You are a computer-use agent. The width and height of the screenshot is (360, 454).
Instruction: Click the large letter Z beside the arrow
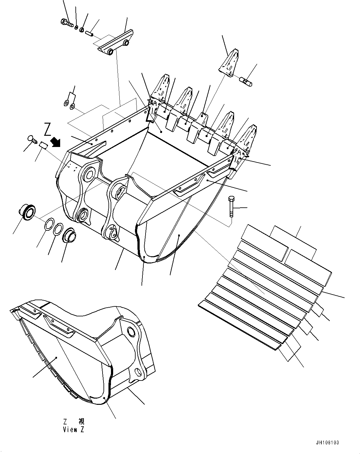pyautogui.click(x=47, y=130)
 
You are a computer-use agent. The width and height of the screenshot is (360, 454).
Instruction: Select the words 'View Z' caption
pyautogui.click(x=74, y=430)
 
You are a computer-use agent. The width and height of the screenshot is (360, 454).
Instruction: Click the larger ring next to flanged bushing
pyautogui.click(x=48, y=225)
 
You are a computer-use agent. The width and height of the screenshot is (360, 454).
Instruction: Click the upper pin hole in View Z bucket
pyautogui.click(x=131, y=332)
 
